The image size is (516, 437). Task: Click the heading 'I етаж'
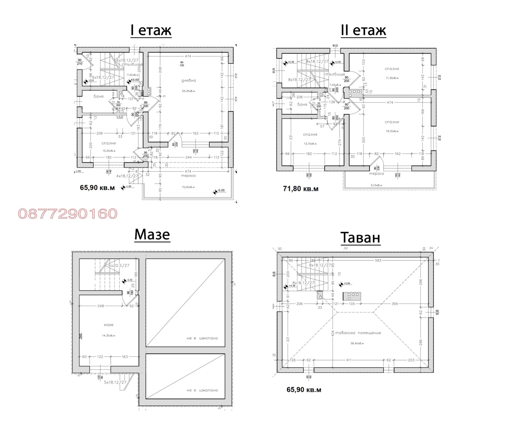pyautogui.click(x=151, y=31)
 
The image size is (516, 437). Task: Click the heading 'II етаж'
pyautogui.click(x=363, y=31)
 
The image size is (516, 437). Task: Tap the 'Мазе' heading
pyautogui.click(x=152, y=234)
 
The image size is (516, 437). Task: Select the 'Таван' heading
pyautogui.click(x=360, y=238)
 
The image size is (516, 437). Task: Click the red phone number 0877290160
pyautogui.click(x=68, y=214)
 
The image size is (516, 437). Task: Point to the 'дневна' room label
pyautogui.click(x=189, y=81)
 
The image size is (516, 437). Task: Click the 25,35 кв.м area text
pyautogui.click(x=188, y=91)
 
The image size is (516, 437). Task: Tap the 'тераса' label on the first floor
pyautogui.click(x=188, y=176)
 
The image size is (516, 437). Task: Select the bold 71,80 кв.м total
pyautogui.click(x=300, y=189)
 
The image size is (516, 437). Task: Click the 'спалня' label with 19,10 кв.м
pyautogui.click(x=392, y=122)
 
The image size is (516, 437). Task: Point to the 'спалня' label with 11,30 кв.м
pyautogui.click(x=392, y=69)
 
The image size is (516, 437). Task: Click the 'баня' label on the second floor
pyautogui.click(x=302, y=104)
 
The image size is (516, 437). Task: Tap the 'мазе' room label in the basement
pyautogui.click(x=109, y=325)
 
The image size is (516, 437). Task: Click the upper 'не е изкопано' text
pyautogui.click(x=202, y=338)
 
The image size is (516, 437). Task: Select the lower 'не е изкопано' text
pyautogui.click(x=202, y=390)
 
